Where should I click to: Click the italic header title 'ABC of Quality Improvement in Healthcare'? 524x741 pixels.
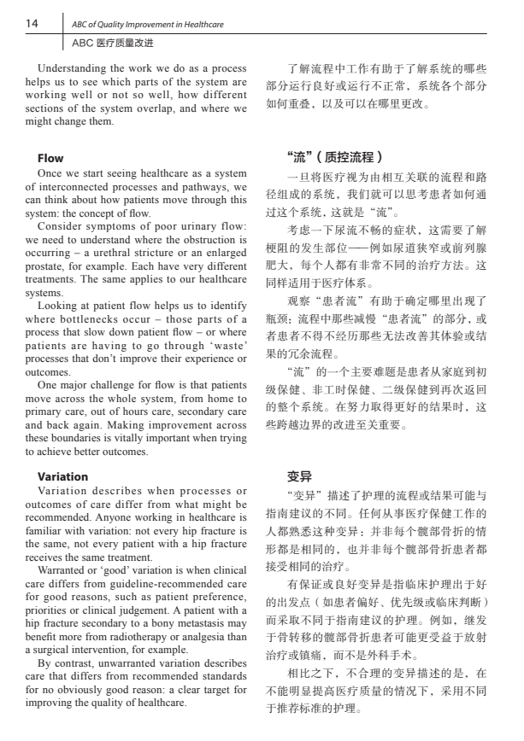[148, 25]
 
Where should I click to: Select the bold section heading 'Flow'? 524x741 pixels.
[50, 158]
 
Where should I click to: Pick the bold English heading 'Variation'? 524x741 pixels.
[62, 476]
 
